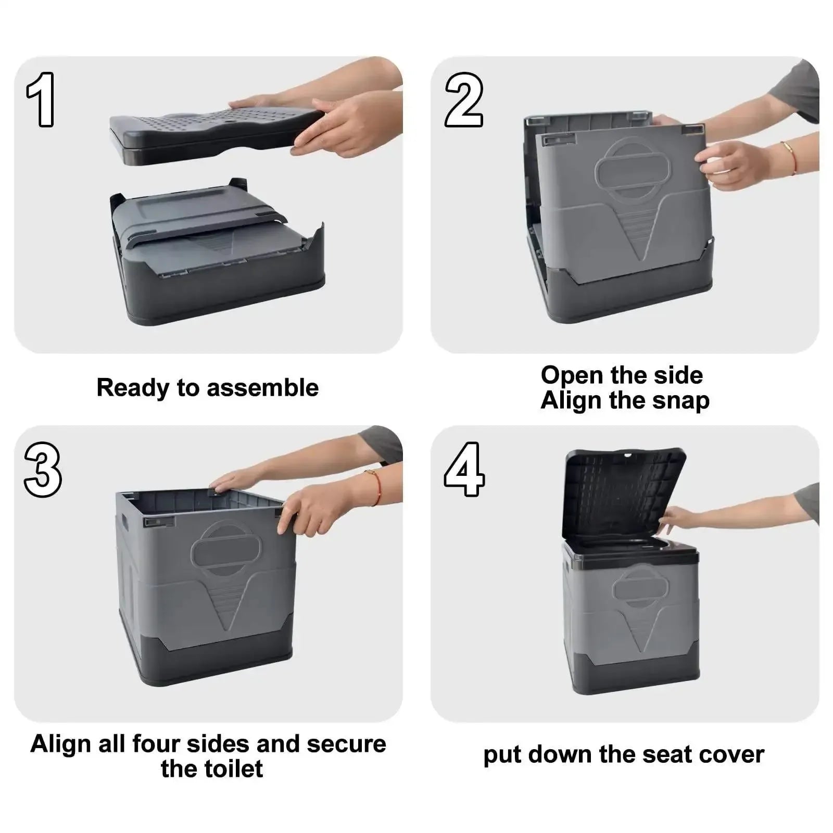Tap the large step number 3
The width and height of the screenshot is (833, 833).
point(43,470)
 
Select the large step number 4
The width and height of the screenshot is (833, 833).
point(464,470)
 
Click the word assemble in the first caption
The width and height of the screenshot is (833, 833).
point(262,388)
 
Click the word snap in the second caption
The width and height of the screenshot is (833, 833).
point(683,401)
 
